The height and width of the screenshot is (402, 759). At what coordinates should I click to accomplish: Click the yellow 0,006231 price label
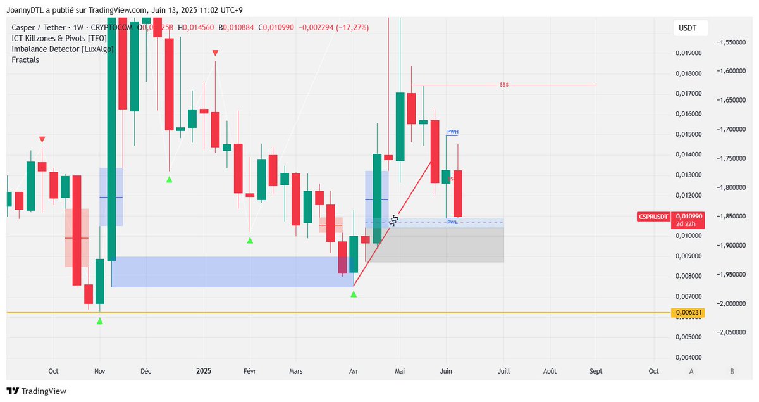pyautogui.click(x=689, y=313)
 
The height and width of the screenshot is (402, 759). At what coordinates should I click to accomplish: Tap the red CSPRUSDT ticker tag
pyautogui.click(x=653, y=217)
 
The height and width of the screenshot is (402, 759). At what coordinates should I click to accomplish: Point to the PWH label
pyautogui.click(x=452, y=132)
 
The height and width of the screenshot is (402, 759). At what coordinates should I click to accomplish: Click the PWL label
pyautogui.click(x=452, y=223)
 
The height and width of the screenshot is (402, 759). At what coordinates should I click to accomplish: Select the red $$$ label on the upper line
pyautogui.click(x=503, y=85)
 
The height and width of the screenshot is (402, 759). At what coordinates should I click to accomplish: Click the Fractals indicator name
pyautogui.click(x=25, y=60)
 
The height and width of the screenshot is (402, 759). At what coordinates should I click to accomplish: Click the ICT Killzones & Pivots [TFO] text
pyautogui.click(x=59, y=38)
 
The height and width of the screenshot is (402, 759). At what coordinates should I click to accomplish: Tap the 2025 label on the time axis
pyautogui.click(x=204, y=372)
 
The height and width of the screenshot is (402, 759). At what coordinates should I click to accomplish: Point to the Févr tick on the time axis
pyautogui.click(x=250, y=372)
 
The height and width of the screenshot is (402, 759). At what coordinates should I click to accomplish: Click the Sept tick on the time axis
pyautogui.click(x=595, y=372)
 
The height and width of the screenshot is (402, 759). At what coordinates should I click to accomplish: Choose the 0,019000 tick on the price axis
pyautogui.click(x=688, y=53)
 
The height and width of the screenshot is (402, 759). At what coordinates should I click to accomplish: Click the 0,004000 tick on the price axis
pyautogui.click(x=688, y=357)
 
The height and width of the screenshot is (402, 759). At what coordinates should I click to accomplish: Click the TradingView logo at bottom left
pyautogui.click(x=36, y=391)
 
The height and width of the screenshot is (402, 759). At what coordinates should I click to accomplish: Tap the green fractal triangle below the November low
pyautogui.click(x=100, y=322)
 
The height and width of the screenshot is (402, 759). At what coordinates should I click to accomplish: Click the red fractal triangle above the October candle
pyautogui.click(x=42, y=139)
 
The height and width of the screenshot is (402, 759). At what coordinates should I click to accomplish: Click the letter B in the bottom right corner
pyautogui.click(x=732, y=372)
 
